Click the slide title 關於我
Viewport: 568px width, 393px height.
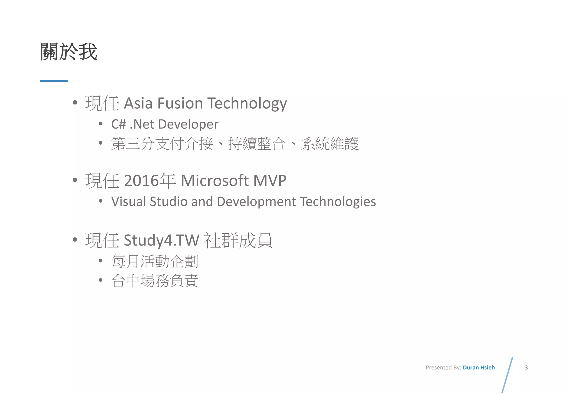tap(69, 52)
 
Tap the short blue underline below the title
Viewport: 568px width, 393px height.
tap(54, 81)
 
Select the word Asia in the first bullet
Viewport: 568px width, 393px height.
tap(138, 103)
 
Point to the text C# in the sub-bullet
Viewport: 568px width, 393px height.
tap(118, 124)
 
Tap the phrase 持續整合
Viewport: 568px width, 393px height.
tap(257, 144)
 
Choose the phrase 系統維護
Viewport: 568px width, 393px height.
tap(330, 144)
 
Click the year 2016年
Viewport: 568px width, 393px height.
tap(150, 180)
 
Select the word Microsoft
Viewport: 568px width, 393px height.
tap(215, 180)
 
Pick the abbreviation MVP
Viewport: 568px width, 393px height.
tap(270, 180)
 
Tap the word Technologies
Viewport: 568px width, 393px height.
tap(338, 201)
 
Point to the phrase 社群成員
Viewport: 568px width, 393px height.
tap(238, 240)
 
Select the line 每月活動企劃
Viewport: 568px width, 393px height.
tap(155, 261)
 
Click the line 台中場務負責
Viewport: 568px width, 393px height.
tap(155, 280)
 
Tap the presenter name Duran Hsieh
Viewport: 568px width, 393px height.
tap(479, 368)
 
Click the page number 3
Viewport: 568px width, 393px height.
tap(526, 368)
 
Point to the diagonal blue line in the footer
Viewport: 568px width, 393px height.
tap(508, 375)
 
